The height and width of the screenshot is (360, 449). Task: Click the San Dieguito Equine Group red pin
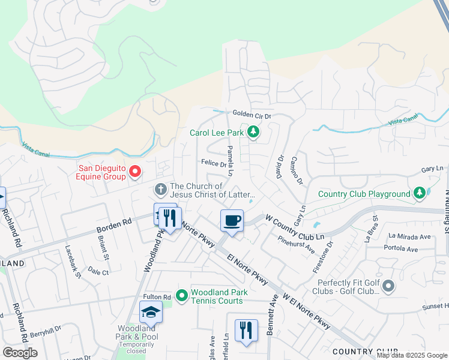[135, 173]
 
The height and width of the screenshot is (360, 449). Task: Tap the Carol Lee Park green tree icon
[253, 132]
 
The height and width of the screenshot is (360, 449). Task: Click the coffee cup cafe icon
[232, 221]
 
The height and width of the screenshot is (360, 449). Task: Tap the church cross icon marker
[160, 190]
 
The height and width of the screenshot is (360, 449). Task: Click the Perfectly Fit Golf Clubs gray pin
[388, 286]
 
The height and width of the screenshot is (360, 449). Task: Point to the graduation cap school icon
[151, 312]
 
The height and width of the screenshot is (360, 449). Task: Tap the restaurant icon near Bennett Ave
[246, 331]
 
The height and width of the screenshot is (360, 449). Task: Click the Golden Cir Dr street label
[252, 115]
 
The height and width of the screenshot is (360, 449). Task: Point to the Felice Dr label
[212, 163]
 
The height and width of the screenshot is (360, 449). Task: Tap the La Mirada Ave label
[409, 236]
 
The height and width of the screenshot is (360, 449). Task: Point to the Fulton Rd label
[157, 297]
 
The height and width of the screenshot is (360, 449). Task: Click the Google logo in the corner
[20, 353]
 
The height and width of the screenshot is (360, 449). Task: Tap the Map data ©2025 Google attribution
[411, 355]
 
